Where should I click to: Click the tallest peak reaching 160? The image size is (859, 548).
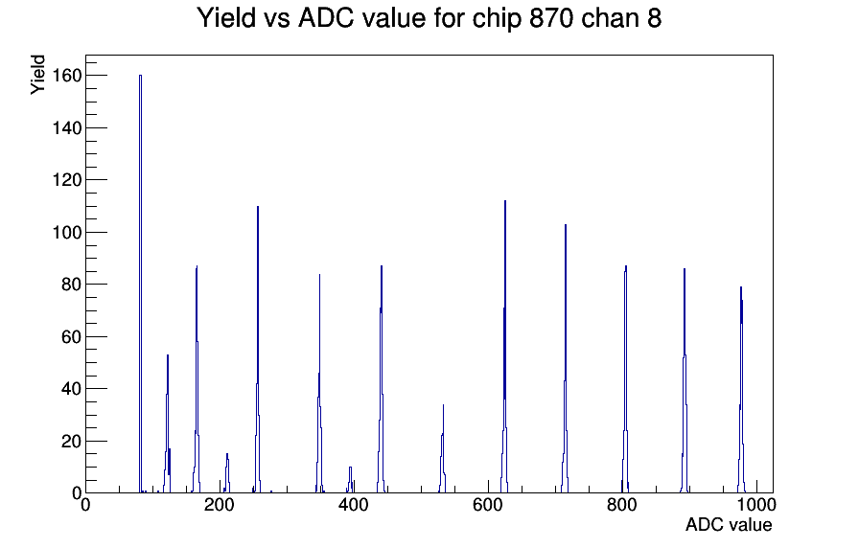[140, 76]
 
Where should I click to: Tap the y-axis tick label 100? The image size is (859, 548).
[67, 232]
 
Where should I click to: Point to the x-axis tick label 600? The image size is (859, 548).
[488, 505]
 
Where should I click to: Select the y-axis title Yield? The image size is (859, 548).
[37, 75]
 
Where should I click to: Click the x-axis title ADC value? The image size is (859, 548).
[729, 525]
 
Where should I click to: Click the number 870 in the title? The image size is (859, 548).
[551, 18]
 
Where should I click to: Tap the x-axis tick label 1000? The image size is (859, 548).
[756, 505]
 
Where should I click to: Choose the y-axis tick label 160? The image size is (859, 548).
[67, 75]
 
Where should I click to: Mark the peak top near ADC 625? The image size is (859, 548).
[505, 201]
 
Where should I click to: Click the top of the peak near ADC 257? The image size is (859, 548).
[258, 207]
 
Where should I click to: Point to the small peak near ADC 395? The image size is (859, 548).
[350, 468]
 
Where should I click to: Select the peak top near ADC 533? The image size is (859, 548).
[443, 405]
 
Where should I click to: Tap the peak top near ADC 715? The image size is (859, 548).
[566, 225]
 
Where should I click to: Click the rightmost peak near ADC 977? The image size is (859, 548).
[741, 287]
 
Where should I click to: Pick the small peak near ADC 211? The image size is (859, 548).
[227, 454]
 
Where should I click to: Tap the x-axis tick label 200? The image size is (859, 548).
[220, 505]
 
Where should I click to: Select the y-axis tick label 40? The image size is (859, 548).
[72, 389]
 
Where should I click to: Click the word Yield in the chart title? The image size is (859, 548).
[226, 18]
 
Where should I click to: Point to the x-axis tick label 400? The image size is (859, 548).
[354, 505]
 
